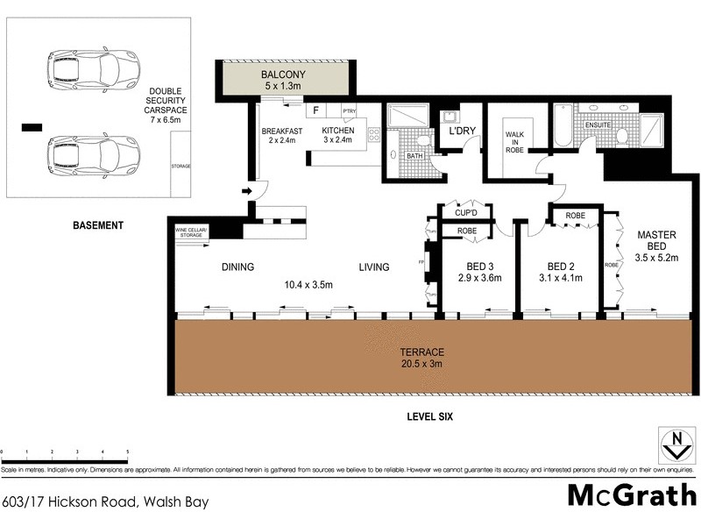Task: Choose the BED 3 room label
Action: (x=478, y=273)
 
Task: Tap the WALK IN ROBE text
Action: (x=513, y=142)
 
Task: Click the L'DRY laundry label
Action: (x=462, y=131)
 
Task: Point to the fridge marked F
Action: (x=315, y=112)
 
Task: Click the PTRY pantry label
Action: (x=349, y=111)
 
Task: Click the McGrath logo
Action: (x=628, y=494)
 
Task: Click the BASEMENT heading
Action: (x=96, y=225)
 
